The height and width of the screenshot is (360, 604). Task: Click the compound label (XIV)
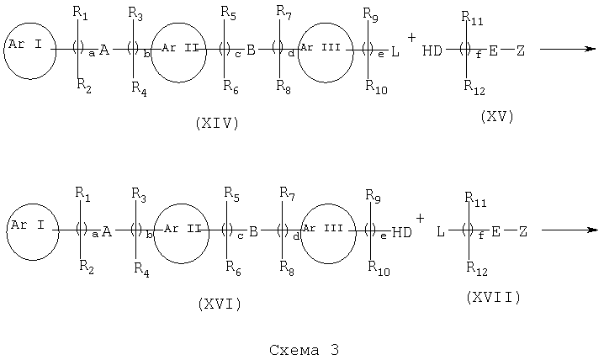tap(217, 123)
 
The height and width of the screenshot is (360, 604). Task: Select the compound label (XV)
tap(497, 116)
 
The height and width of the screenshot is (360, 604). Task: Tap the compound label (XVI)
tap(220, 304)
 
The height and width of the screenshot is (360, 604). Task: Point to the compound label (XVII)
tap(494, 297)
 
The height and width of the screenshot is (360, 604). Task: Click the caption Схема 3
tap(305, 350)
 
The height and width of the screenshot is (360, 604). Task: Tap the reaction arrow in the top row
tap(568, 49)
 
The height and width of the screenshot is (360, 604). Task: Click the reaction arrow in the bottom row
tap(570, 230)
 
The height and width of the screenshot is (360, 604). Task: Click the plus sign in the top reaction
tap(412, 37)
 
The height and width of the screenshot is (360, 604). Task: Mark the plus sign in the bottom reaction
tap(420, 219)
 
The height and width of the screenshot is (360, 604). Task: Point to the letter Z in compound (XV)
tap(521, 50)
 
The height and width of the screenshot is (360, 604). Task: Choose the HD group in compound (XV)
tap(432, 50)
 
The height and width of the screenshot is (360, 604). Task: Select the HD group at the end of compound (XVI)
tap(402, 232)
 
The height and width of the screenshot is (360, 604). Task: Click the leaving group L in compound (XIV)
tap(395, 51)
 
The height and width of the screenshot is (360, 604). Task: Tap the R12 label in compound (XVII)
tap(476, 268)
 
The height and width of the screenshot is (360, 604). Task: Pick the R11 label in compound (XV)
tap(472, 18)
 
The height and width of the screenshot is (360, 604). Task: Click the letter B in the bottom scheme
tap(253, 231)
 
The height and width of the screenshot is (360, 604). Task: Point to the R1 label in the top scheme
tap(80, 13)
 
